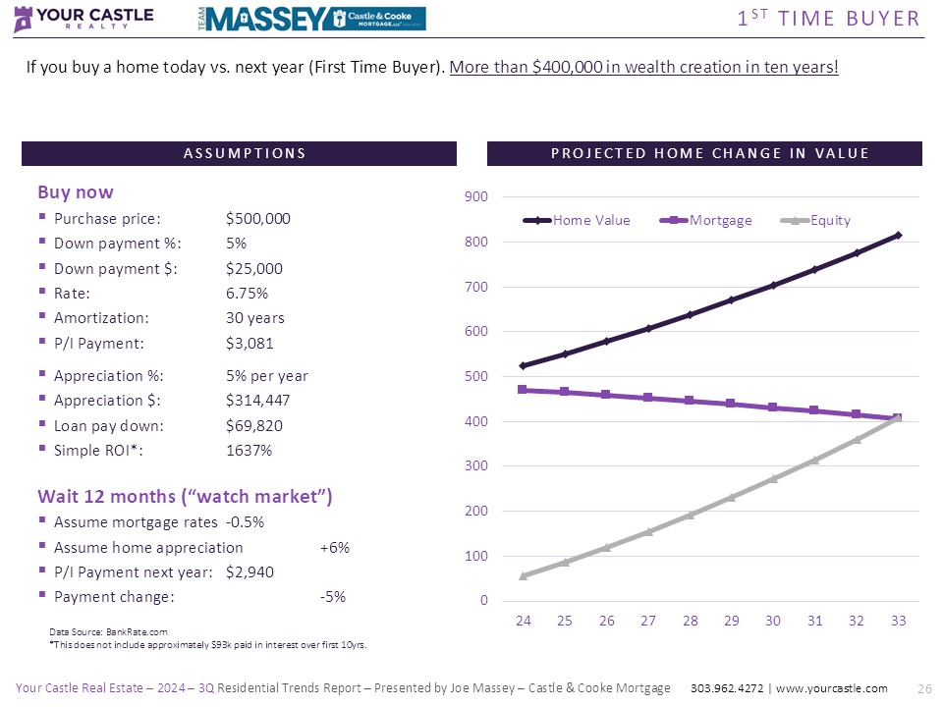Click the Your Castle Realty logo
pyautogui.click(x=84, y=19)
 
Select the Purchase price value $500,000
pyautogui.click(x=257, y=219)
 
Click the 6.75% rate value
pyautogui.click(x=247, y=294)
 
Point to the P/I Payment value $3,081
pyautogui.click(x=250, y=344)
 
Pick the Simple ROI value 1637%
pyautogui.click(x=249, y=451)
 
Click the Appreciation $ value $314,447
pyautogui.click(x=257, y=401)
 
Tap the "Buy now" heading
pyautogui.click(x=76, y=192)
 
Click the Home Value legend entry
pyautogui.click(x=590, y=221)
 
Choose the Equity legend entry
pyautogui.click(x=829, y=221)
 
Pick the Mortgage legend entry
pyautogui.click(x=719, y=221)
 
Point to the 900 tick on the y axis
pyautogui.click(x=475, y=197)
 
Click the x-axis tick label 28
pyautogui.click(x=690, y=621)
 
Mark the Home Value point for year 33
pyautogui.click(x=898, y=235)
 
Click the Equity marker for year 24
pyautogui.click(x=523, y=575)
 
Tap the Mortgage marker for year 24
pyautogui.click(x=523, y=390)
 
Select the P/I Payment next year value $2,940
pyautogui.click(x=250, y=572)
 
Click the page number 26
pyautogui.click(x=922, y=688)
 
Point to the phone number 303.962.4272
pyautogui.click(x=726, y=688)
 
